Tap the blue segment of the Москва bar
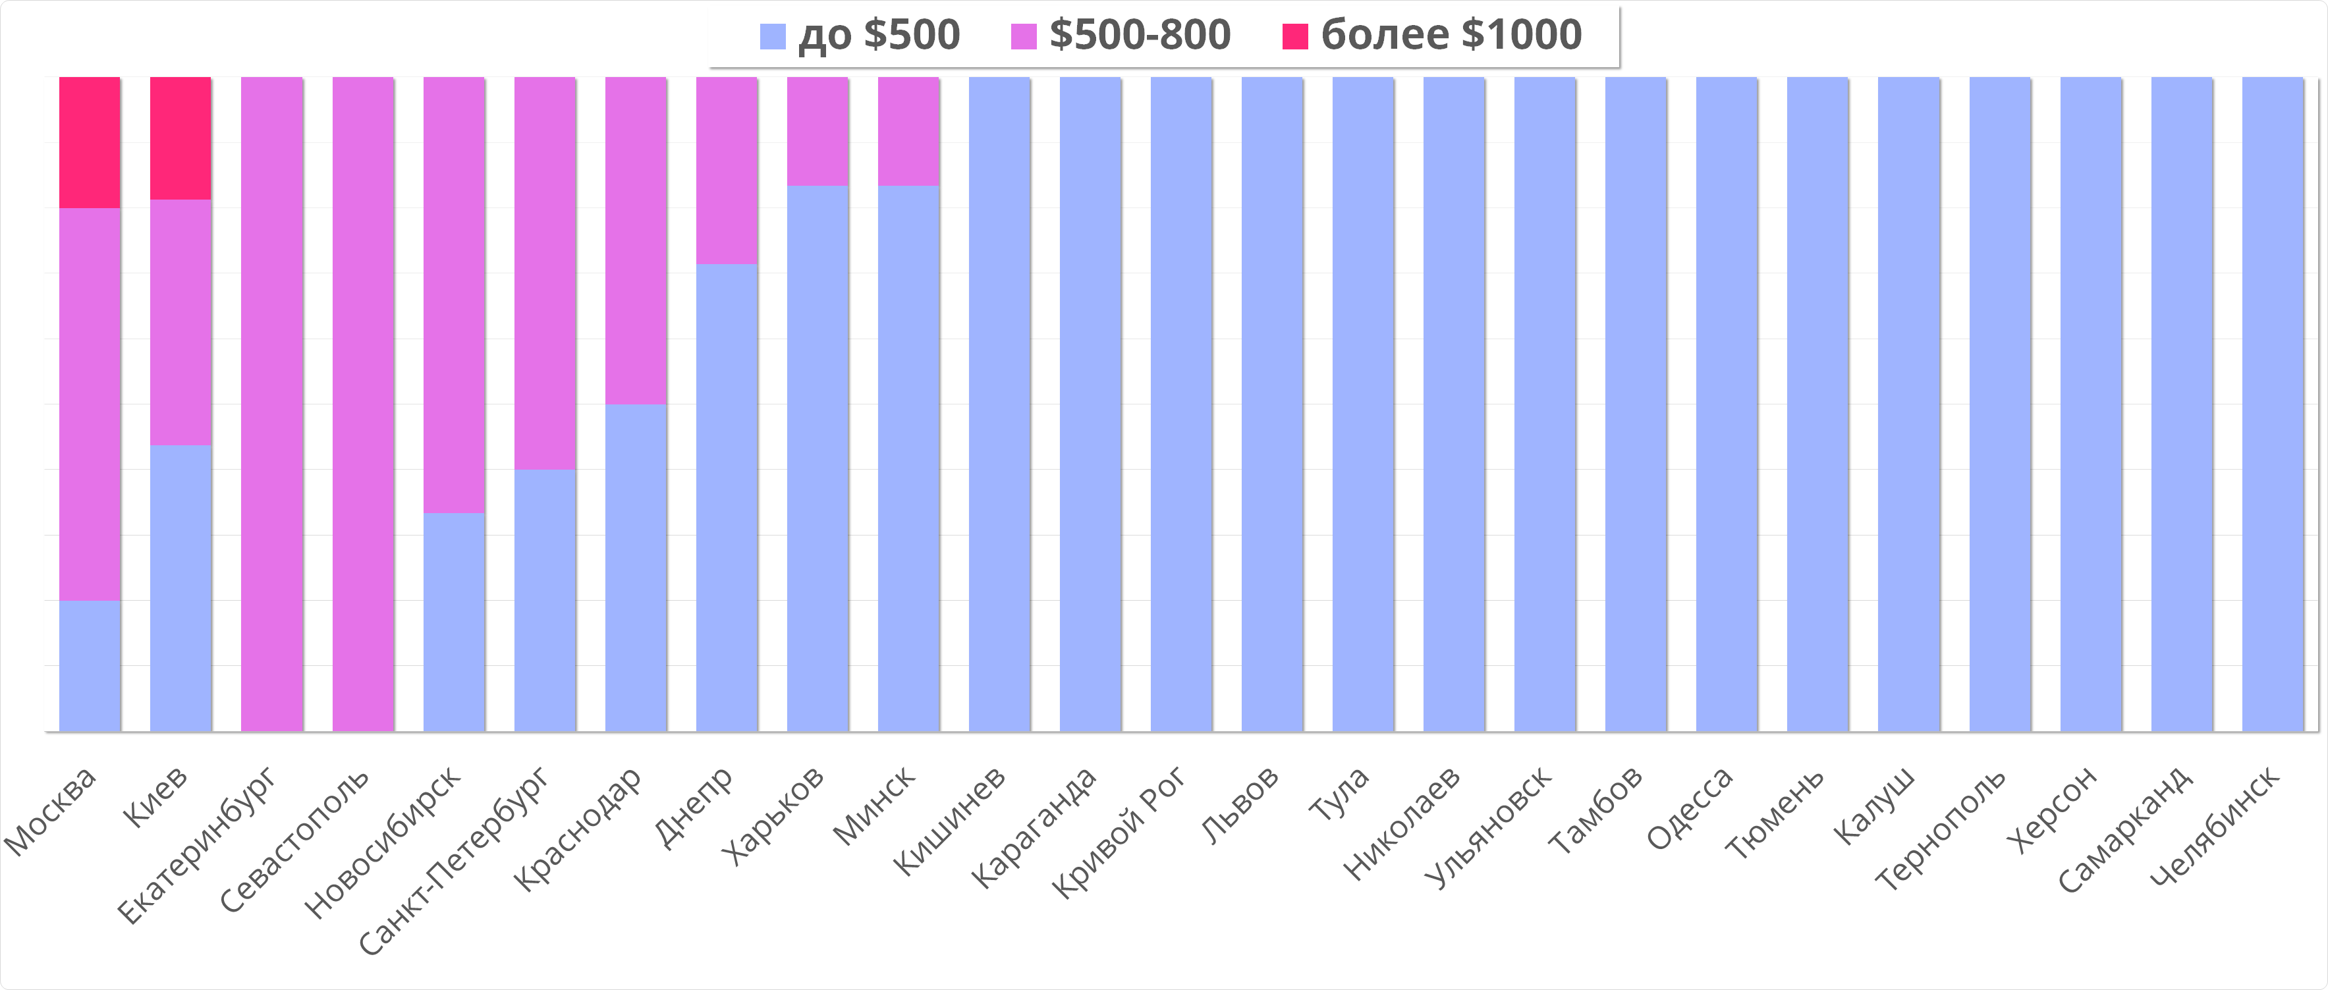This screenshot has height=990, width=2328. [90, 666]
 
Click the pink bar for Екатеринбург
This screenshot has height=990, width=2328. [272, 404]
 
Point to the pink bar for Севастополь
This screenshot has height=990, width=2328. [364, 404]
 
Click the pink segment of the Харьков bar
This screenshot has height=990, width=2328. [818, 131]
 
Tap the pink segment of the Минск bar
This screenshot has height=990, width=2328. [908, 131]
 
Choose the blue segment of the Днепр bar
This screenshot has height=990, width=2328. [727, 497]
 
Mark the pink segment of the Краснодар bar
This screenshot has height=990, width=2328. [636, 240]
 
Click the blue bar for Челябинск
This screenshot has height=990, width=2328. [2273, 404]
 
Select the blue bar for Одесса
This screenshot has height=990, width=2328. [1727, 404]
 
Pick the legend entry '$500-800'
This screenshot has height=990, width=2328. [1121, 35]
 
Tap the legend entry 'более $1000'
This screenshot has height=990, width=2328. [1431, 35]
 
